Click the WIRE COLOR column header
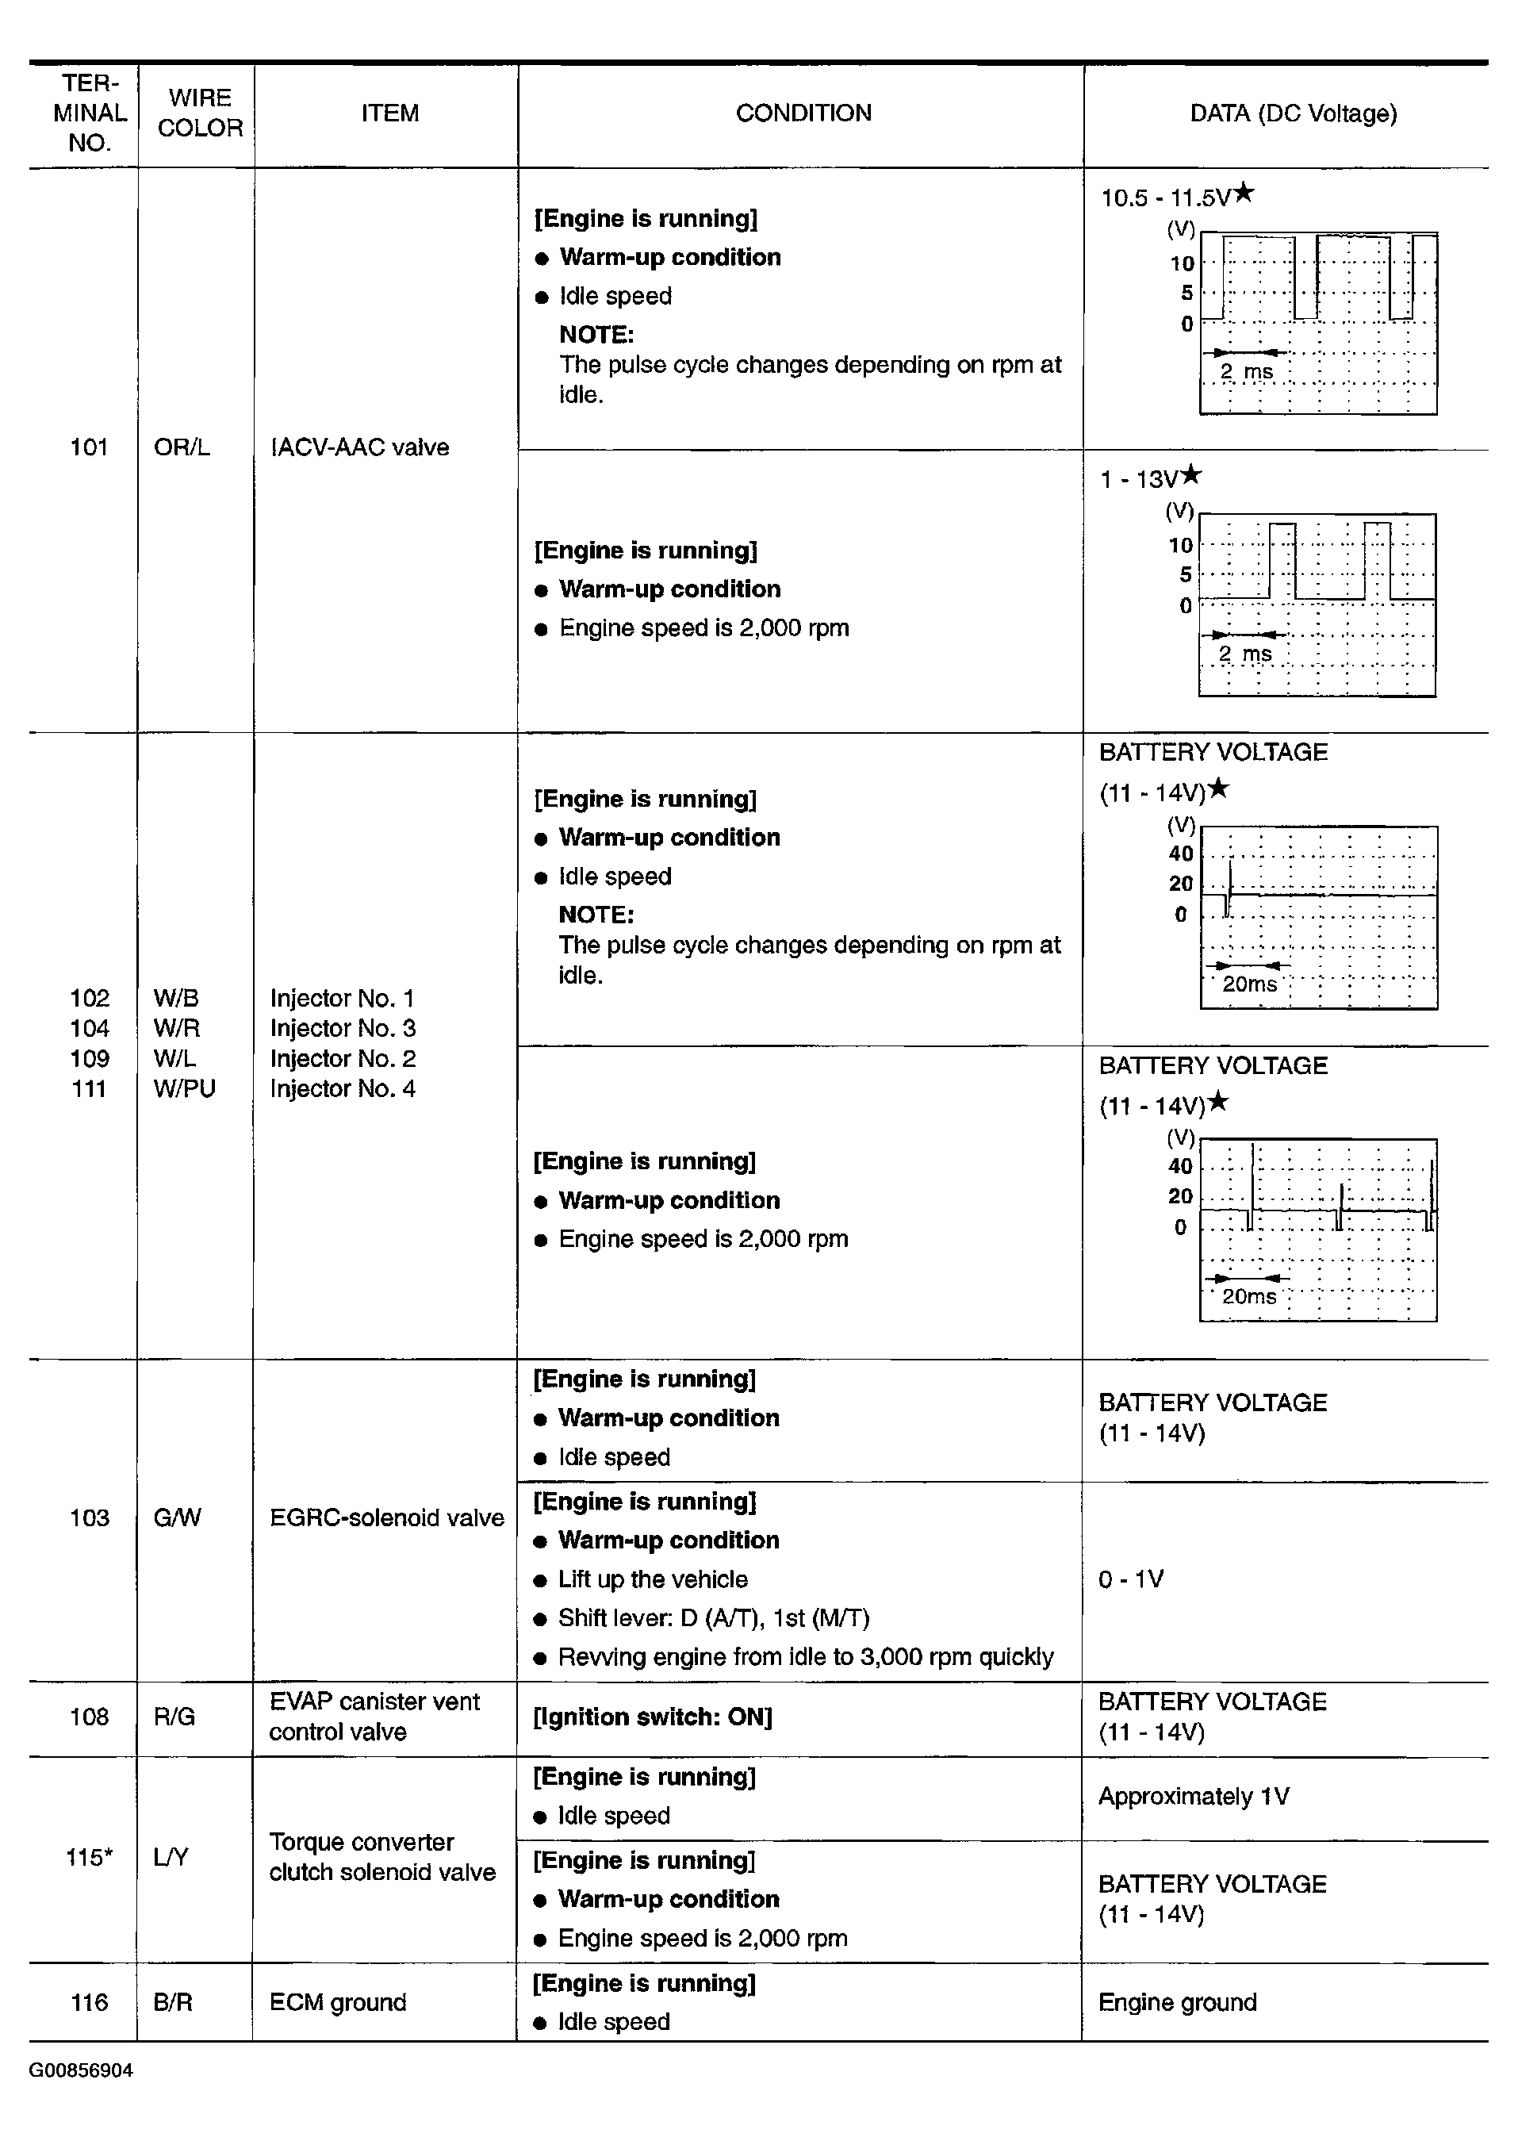199,113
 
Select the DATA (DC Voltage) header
1293,114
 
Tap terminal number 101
89,447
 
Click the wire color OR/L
182,447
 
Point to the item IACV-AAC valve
360,447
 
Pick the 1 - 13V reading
1139,480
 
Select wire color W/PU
184,1089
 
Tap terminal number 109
89,1058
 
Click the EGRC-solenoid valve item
386,1517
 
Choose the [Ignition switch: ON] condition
653,1717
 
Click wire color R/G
174,1717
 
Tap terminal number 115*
89,1858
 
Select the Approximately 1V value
1193,1797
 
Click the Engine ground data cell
1177,2002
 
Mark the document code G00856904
82,2070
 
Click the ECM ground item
337,2002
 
